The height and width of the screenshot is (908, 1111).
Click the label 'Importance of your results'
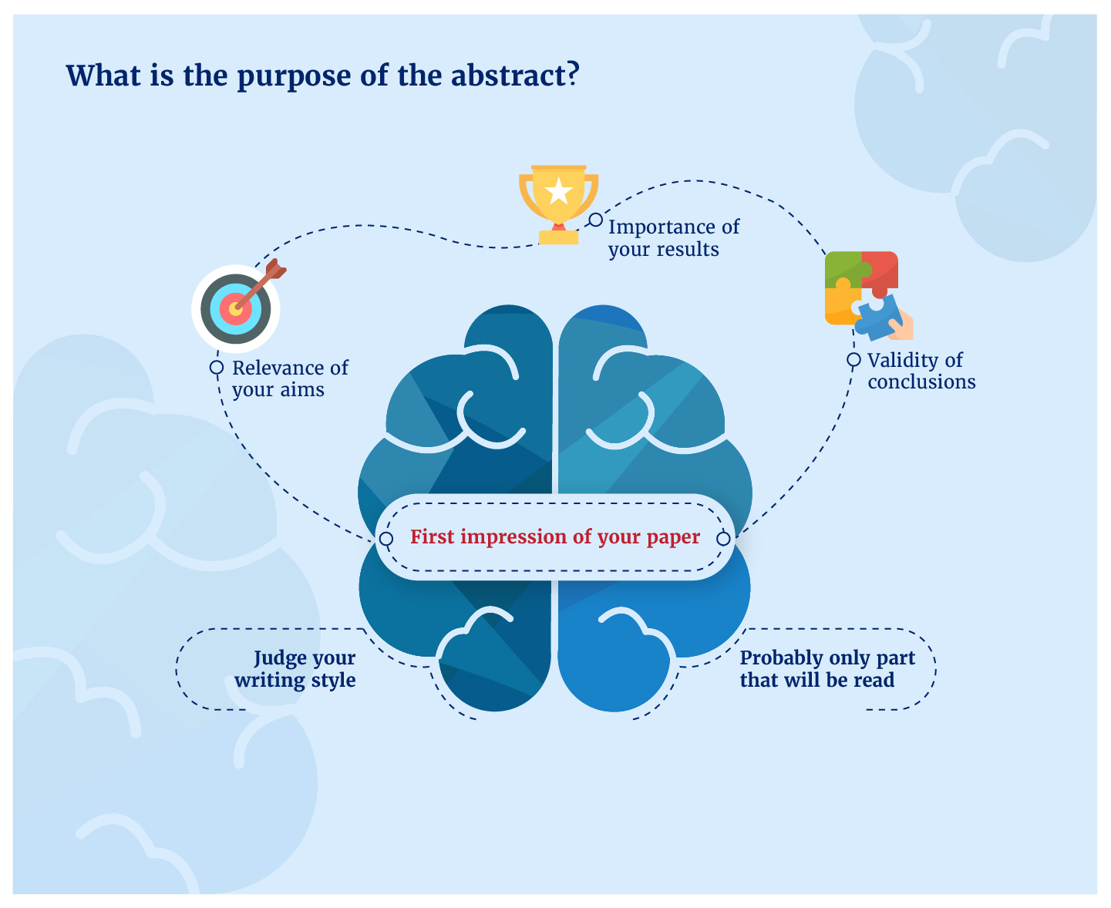tap(673, 238)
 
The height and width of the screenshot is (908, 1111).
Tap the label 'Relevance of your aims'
tap(290, 378)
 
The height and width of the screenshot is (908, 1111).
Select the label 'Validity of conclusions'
tap(921, 371)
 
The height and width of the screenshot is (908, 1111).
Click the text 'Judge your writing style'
tap(296, 669)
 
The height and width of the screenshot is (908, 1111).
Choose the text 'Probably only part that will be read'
tap(827, 669)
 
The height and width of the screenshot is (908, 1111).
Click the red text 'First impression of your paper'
tap(554, 537)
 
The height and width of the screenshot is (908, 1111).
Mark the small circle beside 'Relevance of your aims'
tap(217, 368)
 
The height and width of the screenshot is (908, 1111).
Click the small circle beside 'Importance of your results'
tap(596, 220)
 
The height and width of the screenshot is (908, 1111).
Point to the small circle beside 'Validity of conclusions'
tap(853, 360)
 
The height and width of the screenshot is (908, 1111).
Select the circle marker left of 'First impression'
tap(386, 539)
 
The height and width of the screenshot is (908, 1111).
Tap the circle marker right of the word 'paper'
tap(723, 539)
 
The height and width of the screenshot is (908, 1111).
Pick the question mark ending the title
tap(571, 76)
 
